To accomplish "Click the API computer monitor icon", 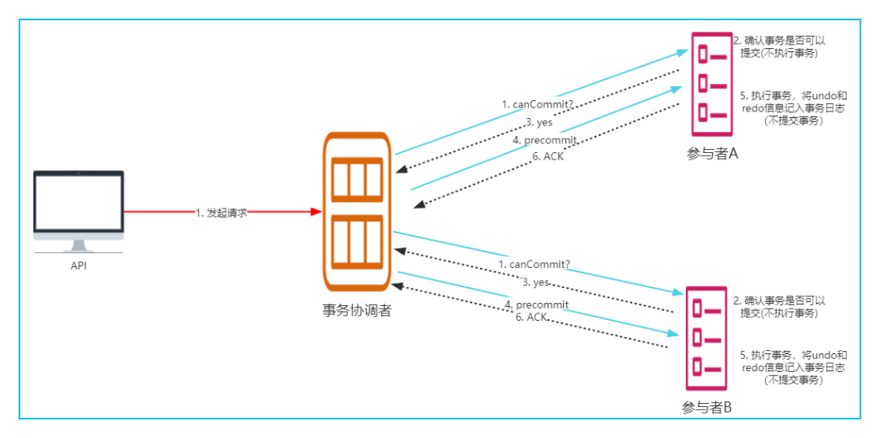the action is click(78, 212).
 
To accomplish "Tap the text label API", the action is click(78, 266).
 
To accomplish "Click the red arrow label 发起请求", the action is click(221, 212).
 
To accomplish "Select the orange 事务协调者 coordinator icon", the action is click(357, 212).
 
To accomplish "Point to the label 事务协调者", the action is click(357, 311).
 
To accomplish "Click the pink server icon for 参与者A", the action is click(711, 84).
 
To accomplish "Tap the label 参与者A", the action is click(711, 154).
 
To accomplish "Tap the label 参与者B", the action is click(706, 408).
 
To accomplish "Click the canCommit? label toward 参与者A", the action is click(537, 104).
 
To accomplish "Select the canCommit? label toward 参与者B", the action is click(534, 264).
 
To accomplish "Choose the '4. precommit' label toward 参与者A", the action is click(544, 141).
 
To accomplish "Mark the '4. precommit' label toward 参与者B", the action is click(537, 304).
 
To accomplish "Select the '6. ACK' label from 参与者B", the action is click(531, 318).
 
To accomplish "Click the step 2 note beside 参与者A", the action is click(779, 47).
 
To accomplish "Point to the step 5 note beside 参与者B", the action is click(794, 367).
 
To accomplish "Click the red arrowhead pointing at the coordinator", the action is click(316, 212).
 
